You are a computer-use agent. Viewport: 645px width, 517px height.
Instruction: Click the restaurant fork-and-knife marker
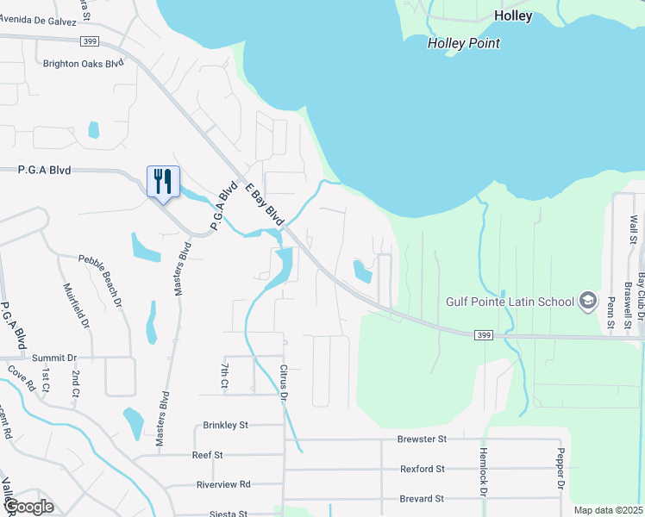[x=163, y=182]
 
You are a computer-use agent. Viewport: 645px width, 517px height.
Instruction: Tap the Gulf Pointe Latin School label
[x=510, y=302]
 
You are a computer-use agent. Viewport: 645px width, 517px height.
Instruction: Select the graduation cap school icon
[x=588, y=301]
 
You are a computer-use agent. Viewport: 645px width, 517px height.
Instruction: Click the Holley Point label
[x=464, y=43]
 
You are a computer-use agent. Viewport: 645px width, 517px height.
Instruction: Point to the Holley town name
[x=513, y=16]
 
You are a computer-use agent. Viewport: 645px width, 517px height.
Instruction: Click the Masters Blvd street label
[x=181, y=269]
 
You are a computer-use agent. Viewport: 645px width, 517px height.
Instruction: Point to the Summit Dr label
[x=54, y=358]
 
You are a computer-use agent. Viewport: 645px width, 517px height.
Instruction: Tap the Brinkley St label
[x=225, y=425]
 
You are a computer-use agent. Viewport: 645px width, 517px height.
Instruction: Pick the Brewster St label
[x=422, y=439]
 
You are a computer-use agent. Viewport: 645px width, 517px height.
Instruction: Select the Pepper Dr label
[x=560, y=470]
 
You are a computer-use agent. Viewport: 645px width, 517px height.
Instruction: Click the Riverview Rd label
[x=222, y=484]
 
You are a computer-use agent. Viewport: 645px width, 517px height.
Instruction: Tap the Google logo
[x=28, y=507]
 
